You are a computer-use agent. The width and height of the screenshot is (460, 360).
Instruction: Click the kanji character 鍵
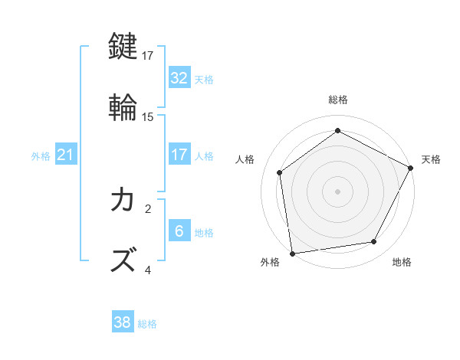coord(124,47)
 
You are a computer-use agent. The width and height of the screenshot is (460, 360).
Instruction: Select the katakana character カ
coord(124,200)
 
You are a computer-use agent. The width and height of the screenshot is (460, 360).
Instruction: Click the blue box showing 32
coord(179,78)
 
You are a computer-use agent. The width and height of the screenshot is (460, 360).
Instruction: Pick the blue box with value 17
coord(179,155)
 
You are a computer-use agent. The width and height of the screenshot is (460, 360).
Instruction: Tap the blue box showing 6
coord(179,231)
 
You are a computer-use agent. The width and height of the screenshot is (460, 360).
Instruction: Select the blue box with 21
coord(65,155)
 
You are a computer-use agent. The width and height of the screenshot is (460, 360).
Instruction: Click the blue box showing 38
coord(123,322)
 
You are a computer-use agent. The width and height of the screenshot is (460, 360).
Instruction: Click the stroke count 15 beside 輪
coord(149,117)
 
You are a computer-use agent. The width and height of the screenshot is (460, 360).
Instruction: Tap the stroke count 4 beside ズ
coord(148,270)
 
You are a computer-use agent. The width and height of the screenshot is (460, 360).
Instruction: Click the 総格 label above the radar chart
coord(338,100)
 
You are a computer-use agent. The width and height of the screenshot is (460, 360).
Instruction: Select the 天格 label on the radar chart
coord(432,159)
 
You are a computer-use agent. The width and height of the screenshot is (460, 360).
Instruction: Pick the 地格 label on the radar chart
coord(402,262)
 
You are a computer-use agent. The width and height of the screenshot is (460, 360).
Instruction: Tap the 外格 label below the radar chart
coord(270,262)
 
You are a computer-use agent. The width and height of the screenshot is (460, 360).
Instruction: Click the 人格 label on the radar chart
coord(245,159)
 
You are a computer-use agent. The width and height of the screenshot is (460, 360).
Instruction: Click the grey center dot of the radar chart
coord(338,191)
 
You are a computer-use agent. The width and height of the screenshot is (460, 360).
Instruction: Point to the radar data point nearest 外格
coord(292,253)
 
